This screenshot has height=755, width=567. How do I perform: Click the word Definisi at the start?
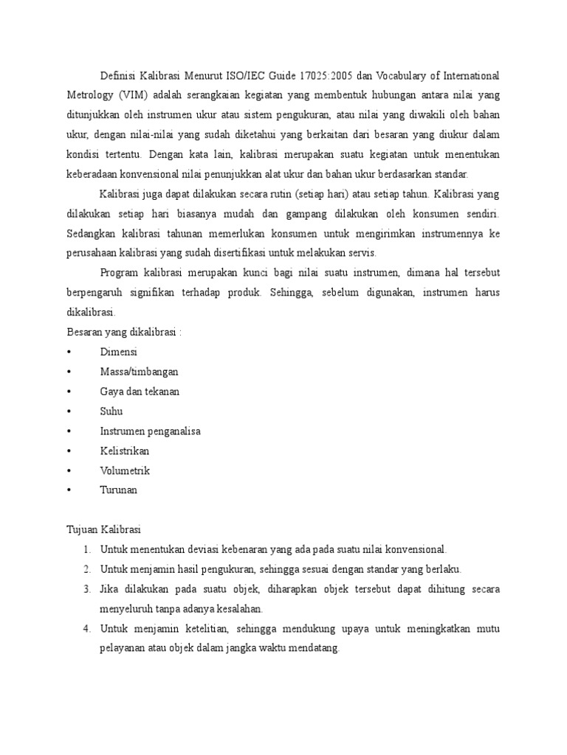point(118,76)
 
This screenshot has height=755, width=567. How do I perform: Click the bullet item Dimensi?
point(118,352)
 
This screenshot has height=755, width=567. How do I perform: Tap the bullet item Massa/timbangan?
point(139,372)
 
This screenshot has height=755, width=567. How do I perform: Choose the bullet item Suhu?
point(111,411)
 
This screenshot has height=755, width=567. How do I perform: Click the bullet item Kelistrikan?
point(124,450)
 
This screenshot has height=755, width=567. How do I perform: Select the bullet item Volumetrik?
point(125,470)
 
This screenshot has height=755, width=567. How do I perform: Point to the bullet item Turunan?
point(118,490)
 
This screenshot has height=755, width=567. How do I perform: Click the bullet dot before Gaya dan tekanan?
point(68,392)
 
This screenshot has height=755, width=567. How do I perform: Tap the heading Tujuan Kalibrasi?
point(97,529)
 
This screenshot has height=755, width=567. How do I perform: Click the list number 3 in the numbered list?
point(86,589)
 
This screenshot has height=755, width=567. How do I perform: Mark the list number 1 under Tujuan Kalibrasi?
point(86,549)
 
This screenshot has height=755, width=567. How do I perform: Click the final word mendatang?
point(312,648)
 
